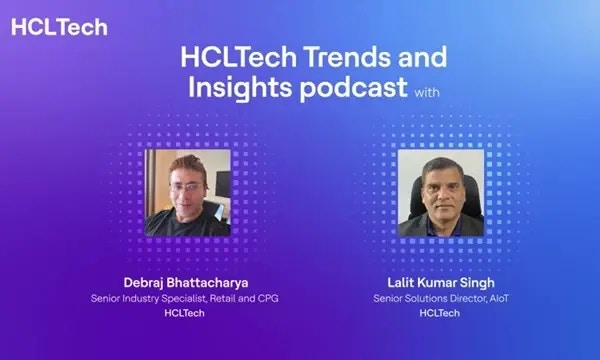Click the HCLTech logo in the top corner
click(x=59, y=27)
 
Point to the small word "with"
click(x=426, y=92)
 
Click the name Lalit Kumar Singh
click(x=442, y=282)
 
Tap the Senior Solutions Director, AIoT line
click(x=442, y=297)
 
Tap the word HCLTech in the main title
click(x=236, y=56)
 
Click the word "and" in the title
click(x=424, y=56)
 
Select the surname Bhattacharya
click(x=204, y=282)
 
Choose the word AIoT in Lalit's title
click(x=496, y=297)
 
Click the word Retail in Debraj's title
click(x=222, y=297)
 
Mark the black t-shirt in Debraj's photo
click(x=176, y=225)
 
